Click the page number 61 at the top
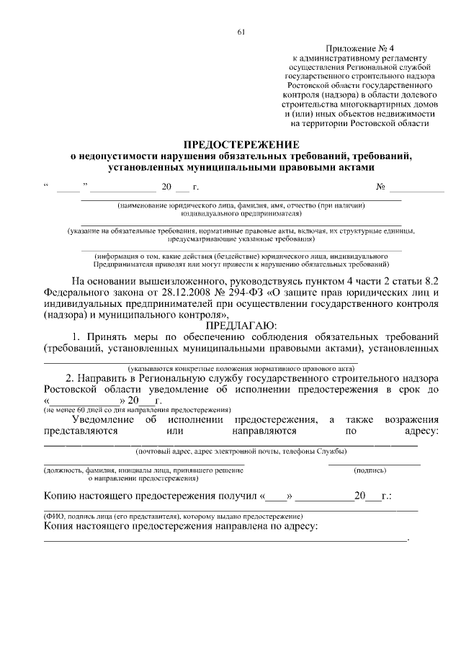tap(241, 31)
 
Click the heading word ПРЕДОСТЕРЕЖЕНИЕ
tap(241, 144)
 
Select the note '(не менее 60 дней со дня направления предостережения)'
tap(137, 409)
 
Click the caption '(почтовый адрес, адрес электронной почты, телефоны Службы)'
tap(241, 451)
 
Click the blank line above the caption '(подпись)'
tap(375, 463)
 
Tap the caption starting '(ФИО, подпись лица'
tap(173, 517)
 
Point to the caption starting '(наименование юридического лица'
tap(241, 205)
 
